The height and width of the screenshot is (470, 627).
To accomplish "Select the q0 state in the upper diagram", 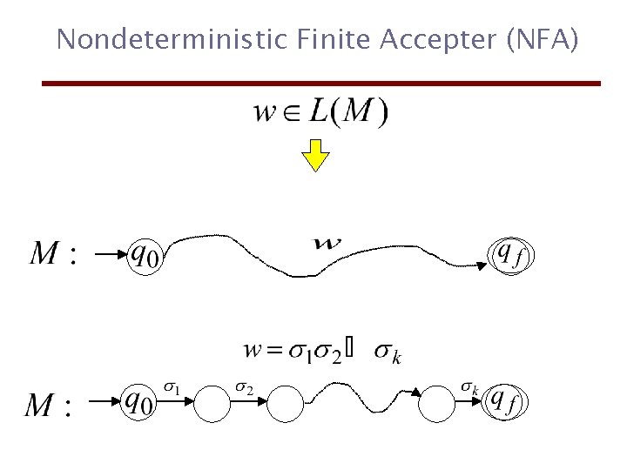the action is (x=147, y=255).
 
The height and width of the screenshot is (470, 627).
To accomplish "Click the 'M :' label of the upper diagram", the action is (x=54, y=254).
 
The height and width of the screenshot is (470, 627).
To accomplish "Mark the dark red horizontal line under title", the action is (x=322, y=84).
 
